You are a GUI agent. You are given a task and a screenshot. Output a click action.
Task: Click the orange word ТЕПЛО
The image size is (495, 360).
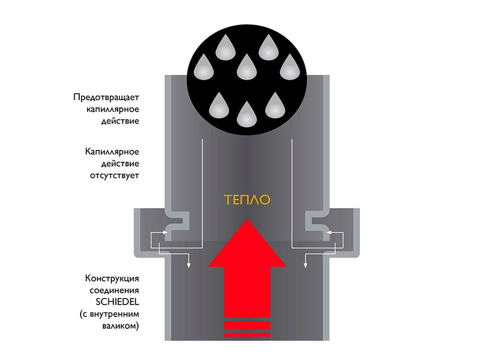(x=247, y=200)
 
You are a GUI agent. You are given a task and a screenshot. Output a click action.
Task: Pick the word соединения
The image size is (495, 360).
(x=114, y=290)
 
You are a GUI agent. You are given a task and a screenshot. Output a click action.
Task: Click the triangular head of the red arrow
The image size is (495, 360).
(x=247, y=245)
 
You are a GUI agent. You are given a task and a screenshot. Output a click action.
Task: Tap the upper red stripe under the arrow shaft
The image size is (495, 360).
(x=247, y=325)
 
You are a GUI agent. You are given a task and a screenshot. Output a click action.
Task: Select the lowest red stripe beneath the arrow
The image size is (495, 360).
(x=247, y=335)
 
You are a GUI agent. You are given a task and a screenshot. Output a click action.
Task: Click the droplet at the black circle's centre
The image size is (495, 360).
(x=247, y=68)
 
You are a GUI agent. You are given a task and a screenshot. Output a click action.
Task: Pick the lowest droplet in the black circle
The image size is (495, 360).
(x=247, y=114)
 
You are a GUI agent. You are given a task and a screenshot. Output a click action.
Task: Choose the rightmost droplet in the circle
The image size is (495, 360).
(x=290, y=68)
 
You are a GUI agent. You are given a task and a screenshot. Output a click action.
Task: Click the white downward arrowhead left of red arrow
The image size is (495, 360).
(x=189, y=267)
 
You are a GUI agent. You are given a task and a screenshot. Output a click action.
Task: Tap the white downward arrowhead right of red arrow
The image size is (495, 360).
(x=305, y=267)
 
